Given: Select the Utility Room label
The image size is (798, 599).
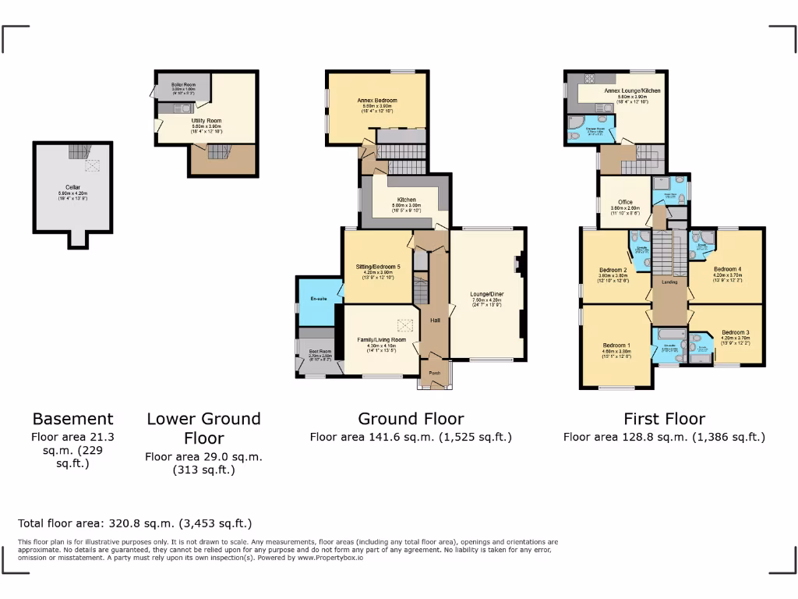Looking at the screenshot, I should point(207,121).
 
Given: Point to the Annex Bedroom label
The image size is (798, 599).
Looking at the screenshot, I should point(377,101).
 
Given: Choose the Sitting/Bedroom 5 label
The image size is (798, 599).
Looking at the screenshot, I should point(378,267).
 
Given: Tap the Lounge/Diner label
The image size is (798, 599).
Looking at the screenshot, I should point(486,294).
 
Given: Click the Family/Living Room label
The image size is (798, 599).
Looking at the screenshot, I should point(382,340).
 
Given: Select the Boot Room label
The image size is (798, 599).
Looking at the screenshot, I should point(316,352).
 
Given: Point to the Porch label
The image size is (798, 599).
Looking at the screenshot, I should point(434,373).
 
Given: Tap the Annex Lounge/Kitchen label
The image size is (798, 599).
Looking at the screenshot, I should point(632,91).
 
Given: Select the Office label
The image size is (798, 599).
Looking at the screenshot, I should point(625,202).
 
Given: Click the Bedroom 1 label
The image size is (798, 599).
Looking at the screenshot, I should point(616,346).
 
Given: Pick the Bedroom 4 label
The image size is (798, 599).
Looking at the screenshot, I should point(729,269).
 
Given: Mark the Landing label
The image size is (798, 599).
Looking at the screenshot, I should point(669,282).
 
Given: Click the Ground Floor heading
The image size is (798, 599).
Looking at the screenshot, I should point(411,419).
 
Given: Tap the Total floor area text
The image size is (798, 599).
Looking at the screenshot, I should point(135,523).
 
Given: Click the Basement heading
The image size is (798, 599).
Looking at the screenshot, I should point(72,419).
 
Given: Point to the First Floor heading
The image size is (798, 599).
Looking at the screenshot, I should point(664,419).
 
